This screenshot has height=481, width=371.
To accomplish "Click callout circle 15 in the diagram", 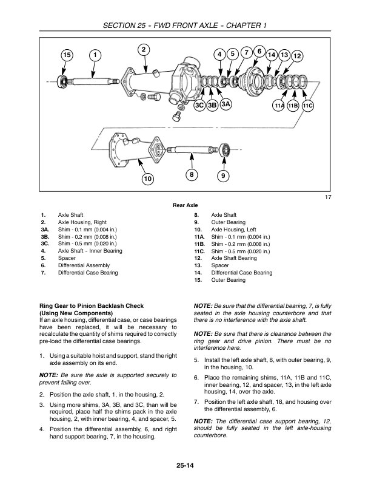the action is pyautogui.click(x=67, y=55).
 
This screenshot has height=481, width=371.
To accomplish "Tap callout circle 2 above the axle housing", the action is pyautogui.click(x=144, y=50).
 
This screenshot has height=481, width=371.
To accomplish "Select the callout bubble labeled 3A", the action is pyautogui.click(x=226, y=104).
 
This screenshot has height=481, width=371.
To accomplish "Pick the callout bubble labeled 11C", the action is pyautogui.click(x=307, y=106).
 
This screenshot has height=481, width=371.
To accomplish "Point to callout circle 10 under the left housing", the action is pyautogui.click(x=147, y=179).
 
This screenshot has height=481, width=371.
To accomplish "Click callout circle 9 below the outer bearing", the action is pyautogui.click(x=223, y=176).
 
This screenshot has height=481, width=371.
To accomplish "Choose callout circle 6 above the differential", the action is pyautogui.click(x=259, y=51).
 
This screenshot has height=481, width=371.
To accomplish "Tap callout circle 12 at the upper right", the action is pyautogui.click(x=297, y=56).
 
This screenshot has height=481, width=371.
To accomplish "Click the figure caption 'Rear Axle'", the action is pyautogui.click(x=185, y=205).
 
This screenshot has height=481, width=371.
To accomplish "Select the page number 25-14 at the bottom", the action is pyautogui.click(x=185, y=466).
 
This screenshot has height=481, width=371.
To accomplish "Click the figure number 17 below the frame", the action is pyautogui.click(x=328, y=197).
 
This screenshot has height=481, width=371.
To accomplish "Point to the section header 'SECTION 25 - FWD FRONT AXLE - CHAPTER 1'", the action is pyautogui.click(x=185, y=25).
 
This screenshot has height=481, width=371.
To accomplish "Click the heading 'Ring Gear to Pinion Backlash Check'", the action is pyautogui.click(x=92, y=306).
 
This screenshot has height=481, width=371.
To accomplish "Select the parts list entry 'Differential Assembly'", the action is pyautogui.click(x=84, y=265).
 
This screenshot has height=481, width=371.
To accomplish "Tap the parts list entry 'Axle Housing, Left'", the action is pyautogui.click(x=233, y=230).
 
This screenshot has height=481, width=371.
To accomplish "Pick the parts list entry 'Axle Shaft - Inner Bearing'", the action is pyautogui.click(x=90, y=251).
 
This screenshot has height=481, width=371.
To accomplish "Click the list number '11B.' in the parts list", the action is pyautogui.click(x=199, y=244).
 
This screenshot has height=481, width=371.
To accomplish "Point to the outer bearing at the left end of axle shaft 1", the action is pyautogui.click(x=63, y=81).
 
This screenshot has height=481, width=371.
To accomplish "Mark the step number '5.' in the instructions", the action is pyautogui.click(x=196, y=360).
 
